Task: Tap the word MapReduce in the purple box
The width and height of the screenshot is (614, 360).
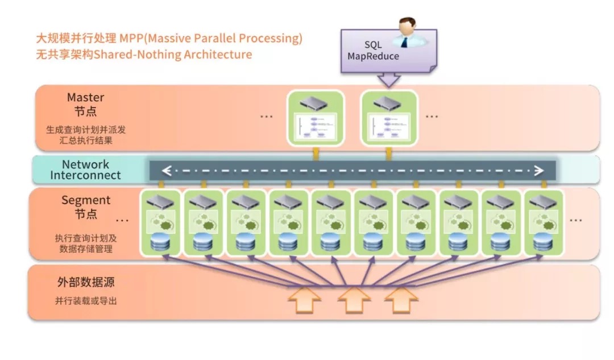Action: [374, 56]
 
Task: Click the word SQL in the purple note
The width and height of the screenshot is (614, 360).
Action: [374, 44]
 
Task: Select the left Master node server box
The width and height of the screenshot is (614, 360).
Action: [316, 118]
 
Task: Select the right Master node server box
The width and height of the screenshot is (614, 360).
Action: [389, 118]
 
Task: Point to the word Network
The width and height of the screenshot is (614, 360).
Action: [85, 164]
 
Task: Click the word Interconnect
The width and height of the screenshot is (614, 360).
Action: [85, 175]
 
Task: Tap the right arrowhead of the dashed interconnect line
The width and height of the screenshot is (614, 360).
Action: [537, 169]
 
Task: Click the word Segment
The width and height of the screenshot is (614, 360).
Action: [85, 200]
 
